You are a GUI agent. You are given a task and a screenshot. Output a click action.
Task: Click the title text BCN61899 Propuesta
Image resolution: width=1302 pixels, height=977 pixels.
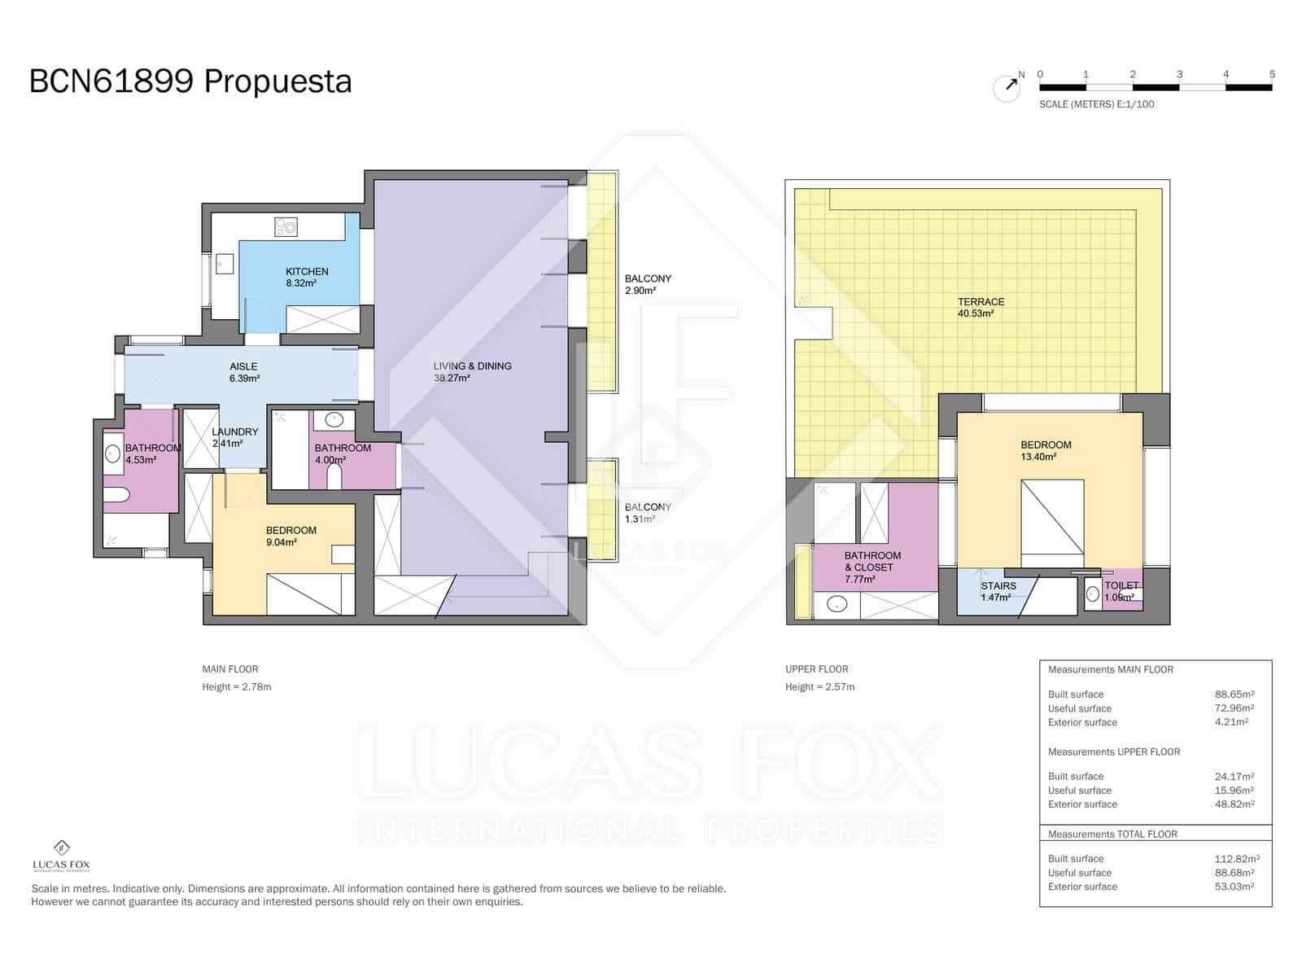point(190,81)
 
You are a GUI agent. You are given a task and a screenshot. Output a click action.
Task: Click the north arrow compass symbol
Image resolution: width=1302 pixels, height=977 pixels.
point(1007,87)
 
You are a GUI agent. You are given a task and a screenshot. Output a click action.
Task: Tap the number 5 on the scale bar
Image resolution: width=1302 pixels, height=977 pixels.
point(1272,74)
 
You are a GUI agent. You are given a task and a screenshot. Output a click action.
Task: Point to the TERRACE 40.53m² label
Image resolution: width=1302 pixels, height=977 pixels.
point(981,307)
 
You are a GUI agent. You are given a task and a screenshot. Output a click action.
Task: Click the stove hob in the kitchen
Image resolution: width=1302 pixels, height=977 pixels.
point(286,226)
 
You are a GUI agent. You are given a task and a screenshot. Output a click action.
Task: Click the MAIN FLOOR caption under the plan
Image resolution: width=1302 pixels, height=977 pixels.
point(230,669)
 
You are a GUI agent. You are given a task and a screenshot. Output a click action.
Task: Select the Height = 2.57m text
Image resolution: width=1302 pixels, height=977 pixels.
point(819,686)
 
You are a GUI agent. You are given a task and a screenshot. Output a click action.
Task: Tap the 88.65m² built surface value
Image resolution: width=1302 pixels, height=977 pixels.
point(1234,694)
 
